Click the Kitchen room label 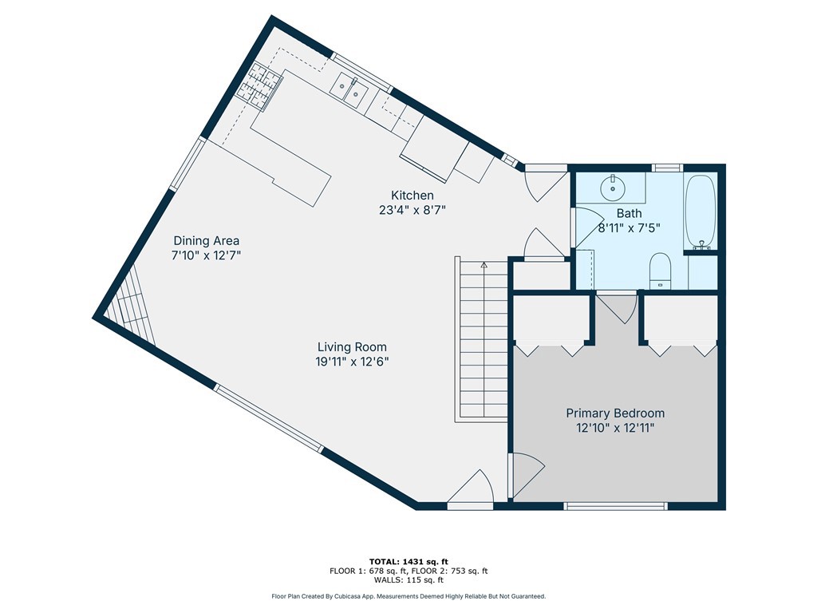point(412,196)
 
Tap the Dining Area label point(207,241)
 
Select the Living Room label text point(352,347)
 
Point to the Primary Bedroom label point(615,413)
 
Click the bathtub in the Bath point(701,212)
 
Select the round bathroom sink point(613,188)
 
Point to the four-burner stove point(260,86)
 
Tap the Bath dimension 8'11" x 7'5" point(629,227)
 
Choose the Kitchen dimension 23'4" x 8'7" point(412,210)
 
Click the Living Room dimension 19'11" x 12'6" point(352,362)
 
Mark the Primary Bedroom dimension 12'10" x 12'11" point(615,429)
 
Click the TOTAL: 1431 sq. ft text point(408,561)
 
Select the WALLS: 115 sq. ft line point(408,579)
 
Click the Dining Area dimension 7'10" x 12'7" point(207,256)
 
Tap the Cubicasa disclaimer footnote point(408,596)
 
